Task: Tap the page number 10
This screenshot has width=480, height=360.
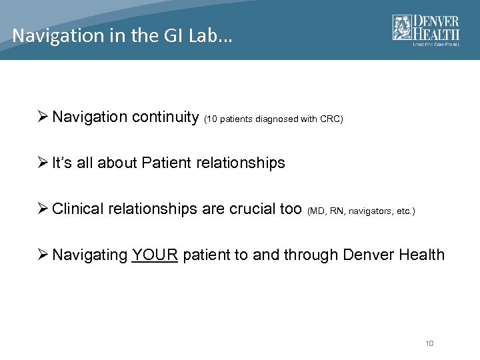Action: (429, 343)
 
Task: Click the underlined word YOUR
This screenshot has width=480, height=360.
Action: (155, 255)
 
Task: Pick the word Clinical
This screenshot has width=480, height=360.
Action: (79, 209)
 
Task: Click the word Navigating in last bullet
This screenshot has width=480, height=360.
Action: (89, 255)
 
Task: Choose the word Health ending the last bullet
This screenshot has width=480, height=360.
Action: (421, 255)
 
